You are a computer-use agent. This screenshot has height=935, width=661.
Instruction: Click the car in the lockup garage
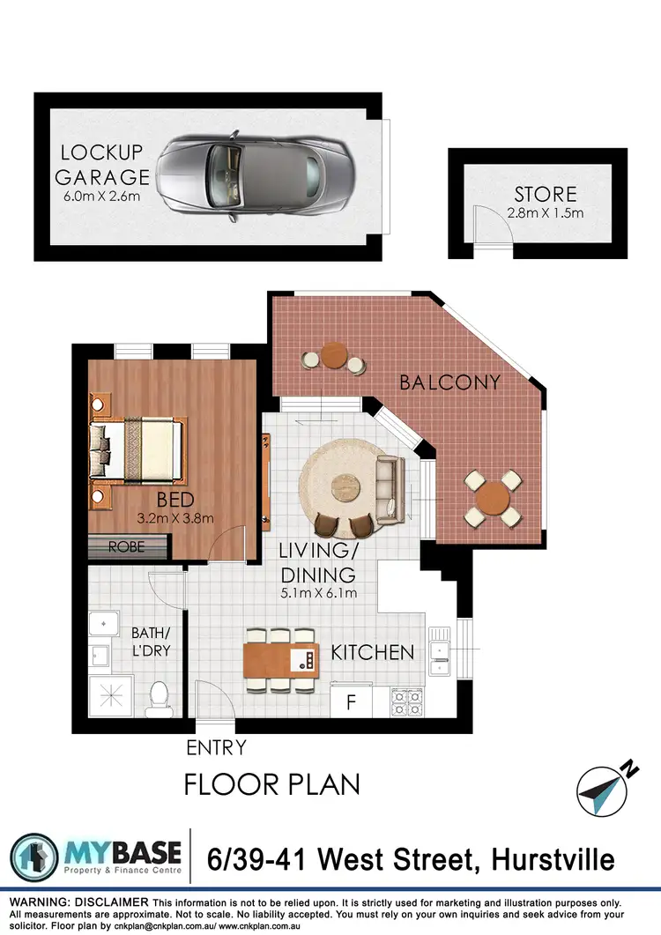(252, 176)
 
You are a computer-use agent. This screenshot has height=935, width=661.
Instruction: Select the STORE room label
(546, 194)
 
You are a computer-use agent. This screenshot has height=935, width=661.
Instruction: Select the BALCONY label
(449, 382)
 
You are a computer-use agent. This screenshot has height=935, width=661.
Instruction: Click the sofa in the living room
(388, 486)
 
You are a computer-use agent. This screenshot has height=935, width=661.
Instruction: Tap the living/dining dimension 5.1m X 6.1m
(317, 593)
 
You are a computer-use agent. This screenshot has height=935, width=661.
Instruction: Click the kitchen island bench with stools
(280, 659)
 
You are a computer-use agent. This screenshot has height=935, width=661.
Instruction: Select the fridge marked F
(350, 702)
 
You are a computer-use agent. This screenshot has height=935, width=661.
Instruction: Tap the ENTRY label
(216, 748)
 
